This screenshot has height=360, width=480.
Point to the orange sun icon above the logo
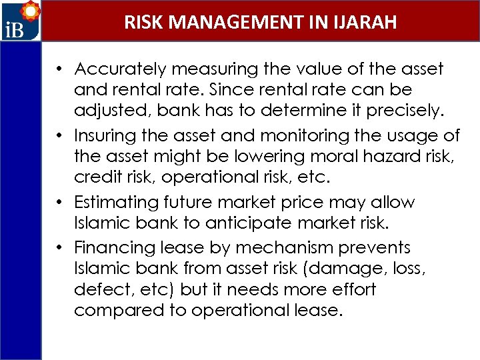pos(30,11)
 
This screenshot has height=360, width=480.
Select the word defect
pos(98,290)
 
